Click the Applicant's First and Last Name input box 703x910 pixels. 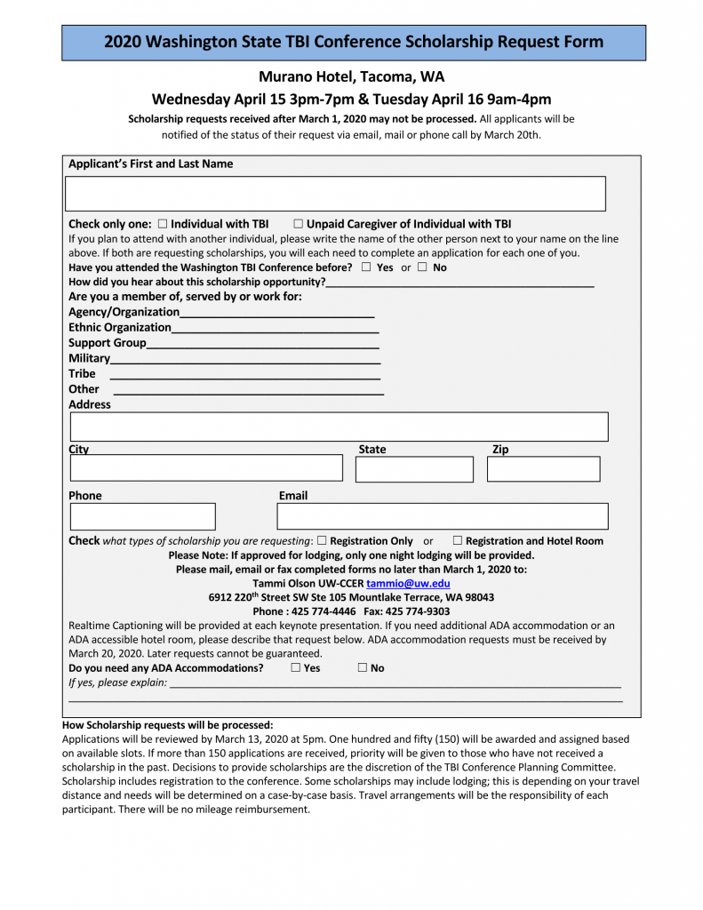click(336, 194)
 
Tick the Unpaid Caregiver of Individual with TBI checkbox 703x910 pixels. click(299, 225)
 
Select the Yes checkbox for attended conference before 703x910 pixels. click(366, 267)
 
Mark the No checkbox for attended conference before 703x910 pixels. click(422, 267)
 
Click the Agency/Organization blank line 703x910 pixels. click(276, 313)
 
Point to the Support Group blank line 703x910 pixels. click(263, 343)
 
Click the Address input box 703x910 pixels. click(339, 427)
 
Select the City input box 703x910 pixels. click(206, 468)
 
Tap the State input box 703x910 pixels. click(414, 469)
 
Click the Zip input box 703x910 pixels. click(543, 469)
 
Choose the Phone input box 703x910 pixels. click(142, 516)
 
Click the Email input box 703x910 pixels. click(443, 516)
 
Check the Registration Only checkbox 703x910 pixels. click(322, 540)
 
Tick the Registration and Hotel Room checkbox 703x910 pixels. click(457, 540)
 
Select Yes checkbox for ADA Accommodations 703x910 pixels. click(295, 668)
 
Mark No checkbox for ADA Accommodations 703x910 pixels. click(363, 668)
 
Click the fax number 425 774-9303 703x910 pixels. click(419, 611)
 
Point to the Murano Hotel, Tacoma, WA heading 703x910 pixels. click(351, 76)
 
